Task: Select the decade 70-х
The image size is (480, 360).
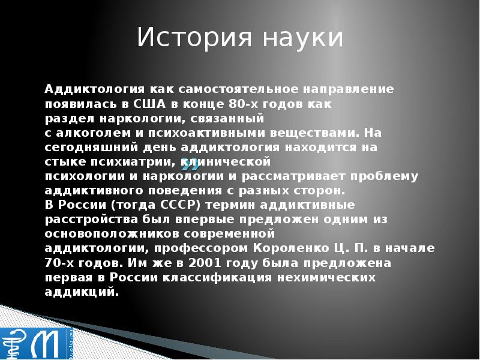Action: pos(59,263)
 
